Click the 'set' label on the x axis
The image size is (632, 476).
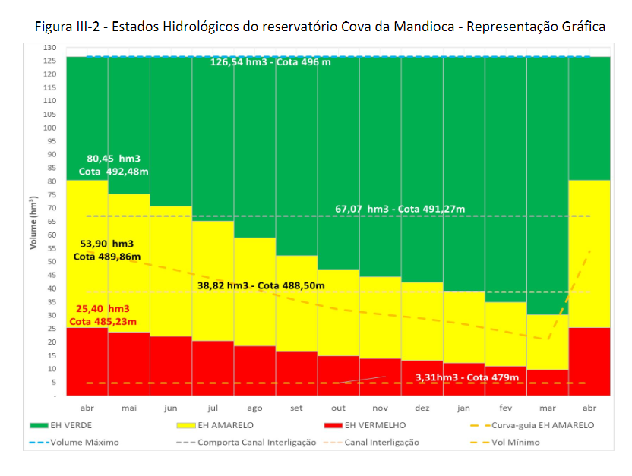tap(296, 408)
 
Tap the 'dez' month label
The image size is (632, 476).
tap(422, 408)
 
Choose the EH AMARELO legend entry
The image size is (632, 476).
tap(225, 425)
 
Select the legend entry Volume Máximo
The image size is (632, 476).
tap(84, 442)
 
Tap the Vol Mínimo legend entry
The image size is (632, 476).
tap(514, 442)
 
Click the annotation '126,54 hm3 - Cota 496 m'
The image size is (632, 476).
tap(270, 61)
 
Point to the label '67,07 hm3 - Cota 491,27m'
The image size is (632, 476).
tap(400, 209)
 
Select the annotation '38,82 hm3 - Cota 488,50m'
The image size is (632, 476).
tap(261, 286)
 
